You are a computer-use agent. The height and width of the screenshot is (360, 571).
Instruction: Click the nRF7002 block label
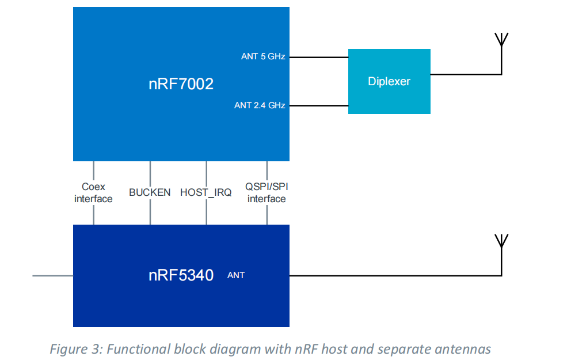click(x=181, y=84)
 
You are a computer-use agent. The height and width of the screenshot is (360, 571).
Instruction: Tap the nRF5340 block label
click(x=181, y=275)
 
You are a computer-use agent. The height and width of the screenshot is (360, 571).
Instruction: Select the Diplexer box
click(x=389, y=81)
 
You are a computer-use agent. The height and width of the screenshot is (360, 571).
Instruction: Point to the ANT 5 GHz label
click(x=263, y=57)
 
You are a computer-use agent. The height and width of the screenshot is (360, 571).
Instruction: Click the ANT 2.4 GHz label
click(x=260, y=105)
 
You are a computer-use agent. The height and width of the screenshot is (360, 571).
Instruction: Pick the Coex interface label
click(x=93, y=193)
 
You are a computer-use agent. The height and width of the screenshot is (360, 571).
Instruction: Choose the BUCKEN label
click(x=150, y=192)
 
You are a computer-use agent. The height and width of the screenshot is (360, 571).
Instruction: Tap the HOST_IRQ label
click(x=206, y=192)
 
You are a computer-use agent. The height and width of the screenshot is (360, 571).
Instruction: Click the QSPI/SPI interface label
click(x=267, y=193)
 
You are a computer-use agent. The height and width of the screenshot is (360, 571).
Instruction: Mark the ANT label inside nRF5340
click(x=236, y=275)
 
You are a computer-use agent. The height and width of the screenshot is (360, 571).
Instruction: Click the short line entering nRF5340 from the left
click(x=52, y=276)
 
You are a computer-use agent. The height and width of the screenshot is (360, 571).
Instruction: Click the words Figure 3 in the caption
click(x=73, y=349)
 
